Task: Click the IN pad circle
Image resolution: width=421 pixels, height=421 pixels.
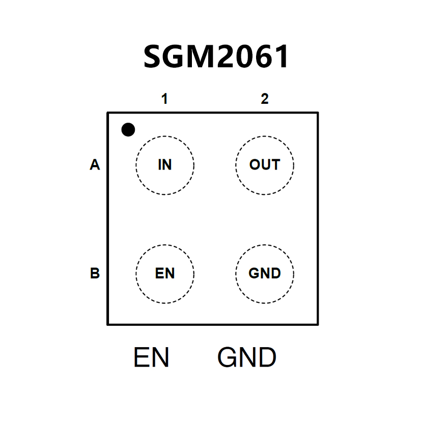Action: click(165, 165)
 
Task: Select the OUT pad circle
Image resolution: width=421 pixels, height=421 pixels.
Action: click(265, 165)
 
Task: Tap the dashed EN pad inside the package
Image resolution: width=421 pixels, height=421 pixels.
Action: click(165, 273)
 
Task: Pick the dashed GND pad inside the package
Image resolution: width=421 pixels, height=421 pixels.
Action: click(265, 273)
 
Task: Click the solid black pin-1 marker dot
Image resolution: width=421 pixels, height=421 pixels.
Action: click(128, 130)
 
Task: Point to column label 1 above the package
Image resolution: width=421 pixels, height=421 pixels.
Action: click(164, 99)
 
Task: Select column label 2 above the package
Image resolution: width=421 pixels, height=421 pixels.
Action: click(265, 99)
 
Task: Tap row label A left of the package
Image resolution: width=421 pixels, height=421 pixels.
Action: click(95, 165)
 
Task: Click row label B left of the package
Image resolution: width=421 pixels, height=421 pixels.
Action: click(95, 273)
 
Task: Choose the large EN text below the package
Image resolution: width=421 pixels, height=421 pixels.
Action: click(151, 358)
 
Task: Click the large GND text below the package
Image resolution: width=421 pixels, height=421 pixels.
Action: click(247, 358)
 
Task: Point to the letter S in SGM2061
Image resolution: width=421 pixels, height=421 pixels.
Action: click(154, 57)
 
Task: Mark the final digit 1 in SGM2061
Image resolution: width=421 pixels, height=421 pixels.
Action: click(282, 57)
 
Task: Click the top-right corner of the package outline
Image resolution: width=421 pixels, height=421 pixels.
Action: click(318, 113)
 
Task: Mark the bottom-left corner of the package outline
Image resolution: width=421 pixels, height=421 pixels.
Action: click(107, 324)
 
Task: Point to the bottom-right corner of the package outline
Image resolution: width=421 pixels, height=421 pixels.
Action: click(318, 324)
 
